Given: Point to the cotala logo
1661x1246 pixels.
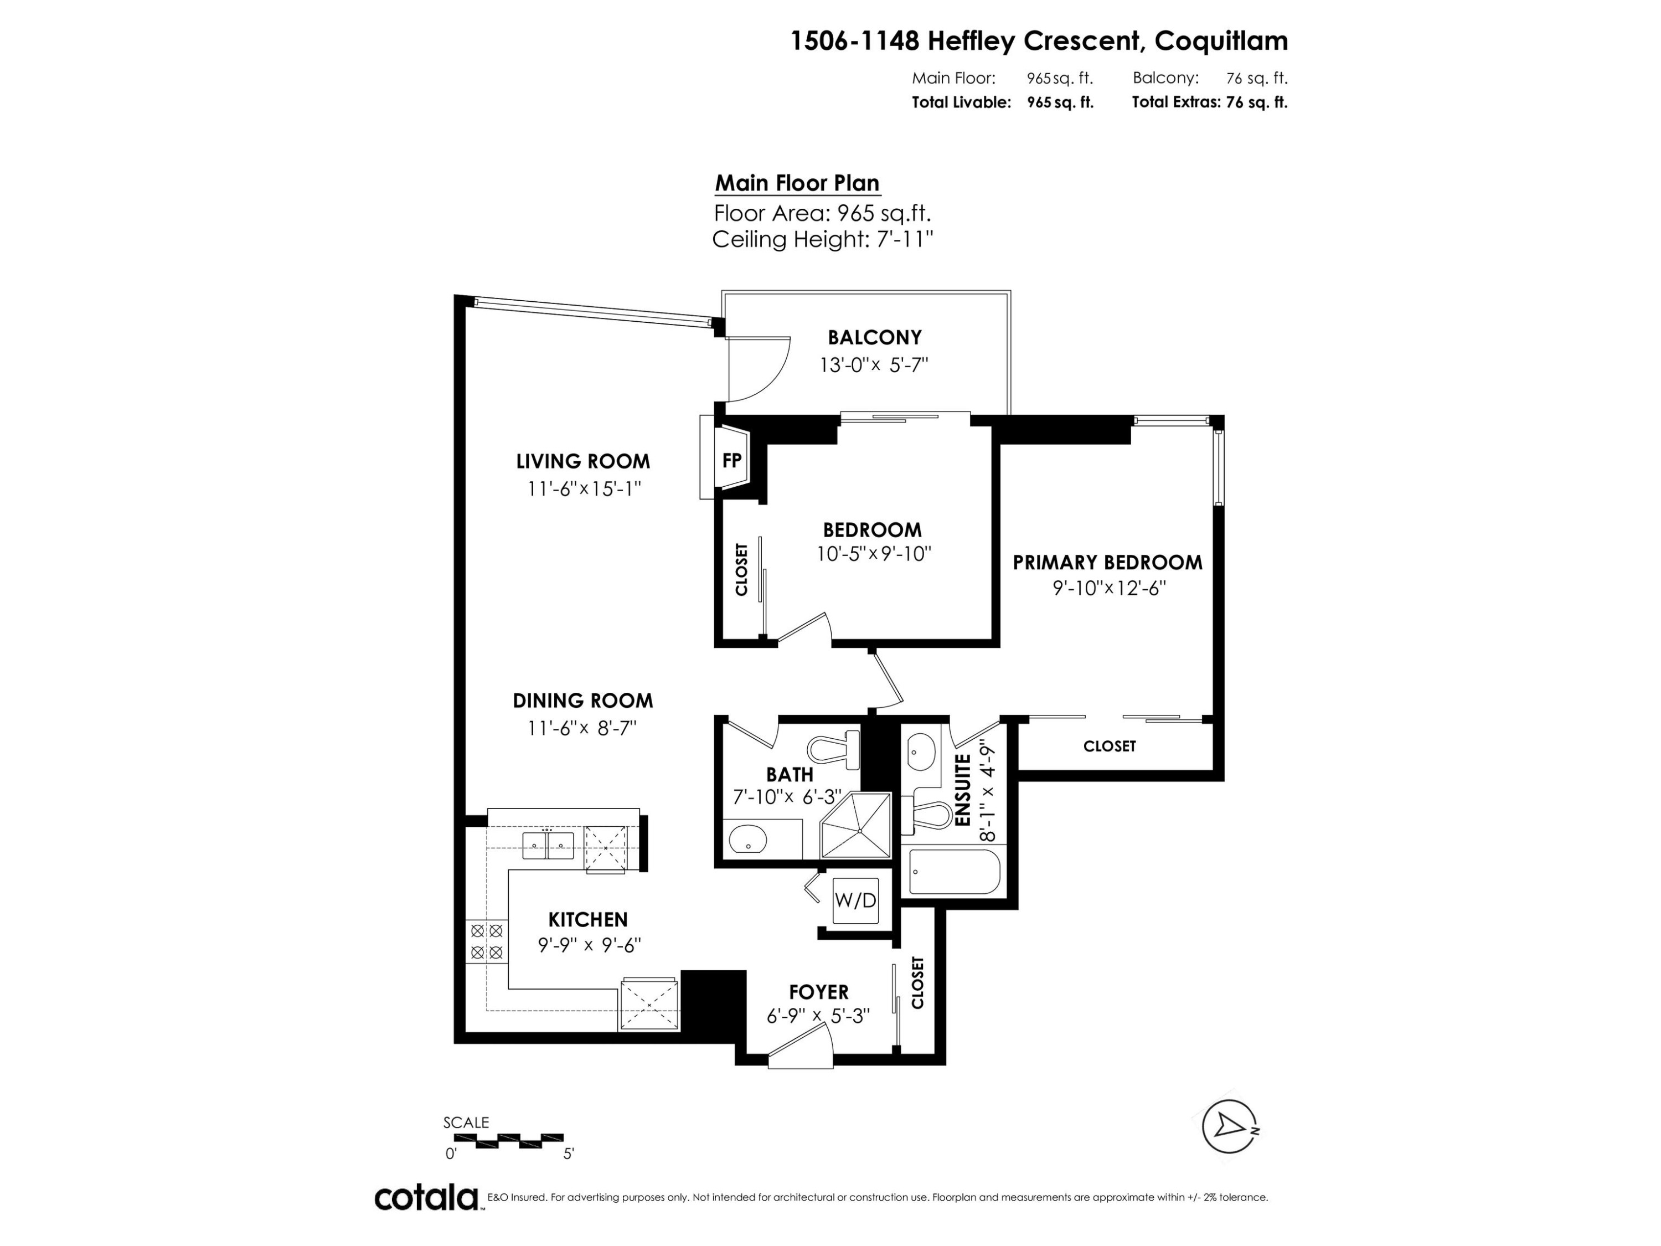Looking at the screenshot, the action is coord(426,1197).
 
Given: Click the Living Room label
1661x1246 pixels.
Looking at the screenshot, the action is coord(582,461).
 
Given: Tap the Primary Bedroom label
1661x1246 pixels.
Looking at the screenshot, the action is coord(1107,563).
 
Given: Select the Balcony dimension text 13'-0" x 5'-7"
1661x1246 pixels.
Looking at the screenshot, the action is coord(874,365).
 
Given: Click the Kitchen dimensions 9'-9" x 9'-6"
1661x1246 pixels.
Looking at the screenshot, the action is coord(589,945).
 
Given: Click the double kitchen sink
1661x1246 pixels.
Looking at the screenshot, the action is coord(548,846).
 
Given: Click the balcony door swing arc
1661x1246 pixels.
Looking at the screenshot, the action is coord(759,369).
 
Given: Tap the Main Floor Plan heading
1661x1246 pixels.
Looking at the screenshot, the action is coord(797,183).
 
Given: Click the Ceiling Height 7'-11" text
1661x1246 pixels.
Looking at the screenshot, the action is coord(822,240).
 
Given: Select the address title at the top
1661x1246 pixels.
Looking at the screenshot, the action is coord(1039,40).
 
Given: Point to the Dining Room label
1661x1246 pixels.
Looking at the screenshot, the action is coord(582,701).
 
